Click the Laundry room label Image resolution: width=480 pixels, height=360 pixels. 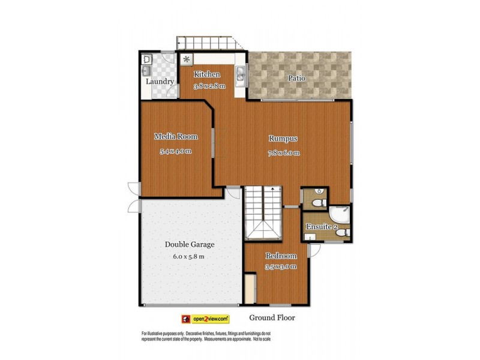coord(160,82)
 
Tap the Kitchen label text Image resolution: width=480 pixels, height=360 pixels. coord(206,74)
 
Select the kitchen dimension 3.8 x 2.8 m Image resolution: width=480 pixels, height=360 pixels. coord(209,86)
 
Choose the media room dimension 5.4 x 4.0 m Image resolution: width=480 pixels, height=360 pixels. coord(175,151)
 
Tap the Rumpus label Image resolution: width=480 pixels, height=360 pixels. coord(283,138)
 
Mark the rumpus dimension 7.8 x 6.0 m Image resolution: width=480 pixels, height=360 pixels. coord(284,153)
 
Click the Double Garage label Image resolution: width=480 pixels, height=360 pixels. coord(190,244)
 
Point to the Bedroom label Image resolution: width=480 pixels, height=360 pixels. coord(281,256)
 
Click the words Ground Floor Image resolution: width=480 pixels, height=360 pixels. coord(271,318)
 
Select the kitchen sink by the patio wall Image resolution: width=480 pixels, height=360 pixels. coord(240,76)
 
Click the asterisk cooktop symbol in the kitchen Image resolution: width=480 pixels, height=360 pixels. coord(187,59)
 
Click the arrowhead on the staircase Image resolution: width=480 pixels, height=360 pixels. coord(272,189)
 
